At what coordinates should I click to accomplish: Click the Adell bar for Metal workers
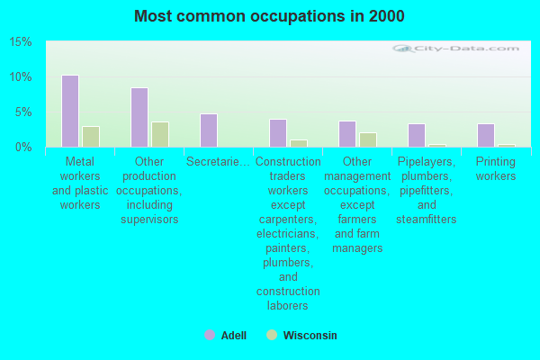pyautogui.click(x=69, y=111)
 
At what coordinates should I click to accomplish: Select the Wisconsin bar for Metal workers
pyautogui.click(x=90, y=137)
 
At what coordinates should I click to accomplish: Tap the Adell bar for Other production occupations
pyautogui.click(x=139, y=117)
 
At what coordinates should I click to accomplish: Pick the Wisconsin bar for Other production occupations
pyautogui.click(x=159, y=134)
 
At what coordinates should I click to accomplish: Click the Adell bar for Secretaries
pyautogui.click(x=208, y=130)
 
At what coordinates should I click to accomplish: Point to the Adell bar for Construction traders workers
pyautogui.click(x=277, y=133)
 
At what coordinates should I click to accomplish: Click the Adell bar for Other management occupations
pyautogui.click(x=346, y=134)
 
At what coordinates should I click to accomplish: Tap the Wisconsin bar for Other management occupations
pyautogui.click(x=367, y=139)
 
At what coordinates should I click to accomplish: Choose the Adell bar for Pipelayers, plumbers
pyautogui.click(x=416, y=135)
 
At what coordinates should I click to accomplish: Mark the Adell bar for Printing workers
pyautogui.click(x=485, y=135)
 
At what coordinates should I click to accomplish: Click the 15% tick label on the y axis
pyautogui.click(x=21, y=42)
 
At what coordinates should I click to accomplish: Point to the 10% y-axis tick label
pyautogui.click(x=21, y=77)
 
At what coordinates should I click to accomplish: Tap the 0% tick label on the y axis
pyautogui.click(x=23, y=147)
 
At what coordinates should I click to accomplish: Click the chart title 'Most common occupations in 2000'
pyautogui.click(x=269, y=16)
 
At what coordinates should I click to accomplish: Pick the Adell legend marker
pyautogui.click(x=210, y=335)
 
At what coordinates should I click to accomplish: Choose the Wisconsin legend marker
pyautogui.click(x=271, y=335)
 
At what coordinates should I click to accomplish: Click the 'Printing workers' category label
pyautogui.click(x=495, y=169)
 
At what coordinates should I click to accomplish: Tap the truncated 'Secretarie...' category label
pyautogui.click(x=218, y=162)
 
